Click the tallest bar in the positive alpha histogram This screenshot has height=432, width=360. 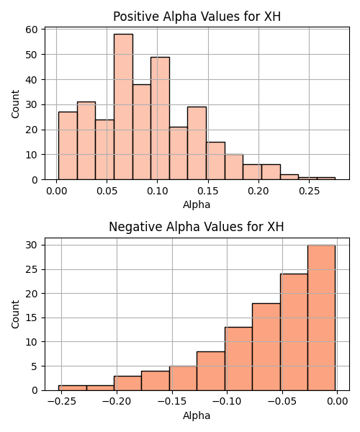click(123, 107)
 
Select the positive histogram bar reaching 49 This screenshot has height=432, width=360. click(160, 119)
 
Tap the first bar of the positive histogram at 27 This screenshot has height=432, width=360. click(68, 145)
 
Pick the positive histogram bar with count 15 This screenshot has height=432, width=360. click(216, 161)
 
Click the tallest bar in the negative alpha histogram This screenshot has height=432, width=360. click(321, 318)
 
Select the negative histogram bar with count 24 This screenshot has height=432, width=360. click(294, 332)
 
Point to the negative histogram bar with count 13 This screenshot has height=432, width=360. click(238, 359)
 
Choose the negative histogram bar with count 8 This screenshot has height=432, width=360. click(211, 371)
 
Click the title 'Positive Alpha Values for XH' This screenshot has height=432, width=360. click(197, 17)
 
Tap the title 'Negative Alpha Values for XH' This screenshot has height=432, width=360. click(197, 227)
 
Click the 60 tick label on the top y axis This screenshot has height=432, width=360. click(31, 30)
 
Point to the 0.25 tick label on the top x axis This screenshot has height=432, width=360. click(310, 191)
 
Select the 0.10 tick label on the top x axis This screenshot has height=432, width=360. click(157, 191)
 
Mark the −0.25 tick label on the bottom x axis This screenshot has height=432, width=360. click(61, 402)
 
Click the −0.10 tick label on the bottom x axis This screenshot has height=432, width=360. click(227, 402)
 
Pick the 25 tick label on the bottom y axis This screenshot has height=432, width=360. click(31, 269)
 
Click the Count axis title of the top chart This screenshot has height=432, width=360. click(15, 104)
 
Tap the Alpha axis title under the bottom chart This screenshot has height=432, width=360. click(197, 415)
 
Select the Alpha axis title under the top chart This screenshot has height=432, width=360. click(197, 204)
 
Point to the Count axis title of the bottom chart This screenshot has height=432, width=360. click(15, 315)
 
